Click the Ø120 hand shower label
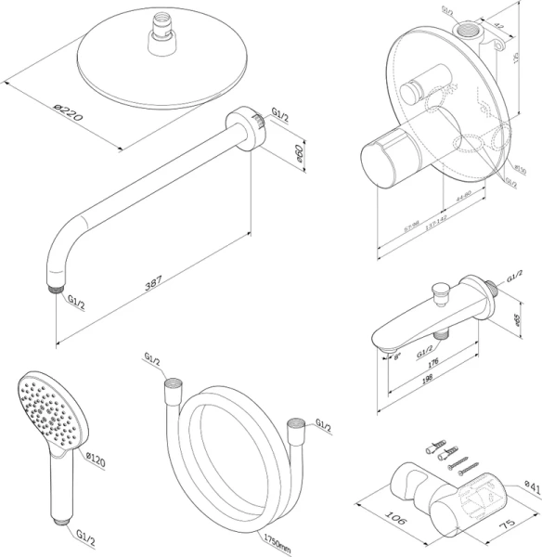[x=97, y=458]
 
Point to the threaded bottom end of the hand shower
[x=64, y=522]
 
